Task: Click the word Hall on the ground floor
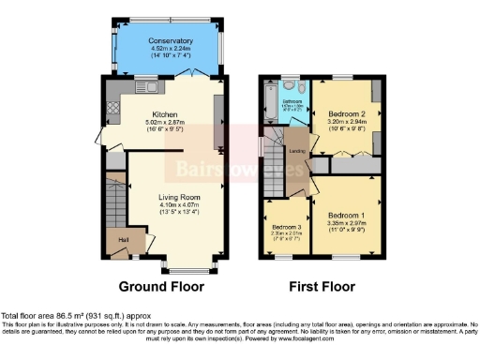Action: (x=122, y=239)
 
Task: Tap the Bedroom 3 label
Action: (x=288, y=227)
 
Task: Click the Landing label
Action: (x=296, y=153)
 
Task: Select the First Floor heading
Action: (x=322, y=285)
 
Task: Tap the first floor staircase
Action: (x=274, y=159)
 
